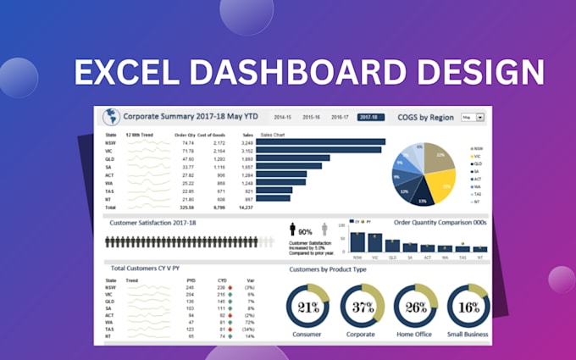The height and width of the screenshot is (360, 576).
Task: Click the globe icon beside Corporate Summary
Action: click(x=109, y=118)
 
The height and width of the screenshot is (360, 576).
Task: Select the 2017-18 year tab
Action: click(x=370, y=118)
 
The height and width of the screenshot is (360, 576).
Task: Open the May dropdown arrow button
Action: click(x=480, y=118)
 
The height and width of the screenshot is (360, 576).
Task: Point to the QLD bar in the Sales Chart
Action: click(x=293, y=158)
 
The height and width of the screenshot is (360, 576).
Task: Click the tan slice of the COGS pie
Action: click(x=436, y=157)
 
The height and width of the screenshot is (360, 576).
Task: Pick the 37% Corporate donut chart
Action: click(x=363, y=307)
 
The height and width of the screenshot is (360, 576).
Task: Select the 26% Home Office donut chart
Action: click(x=416, y=307)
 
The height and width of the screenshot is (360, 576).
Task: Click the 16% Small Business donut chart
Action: click(x=468, y=307)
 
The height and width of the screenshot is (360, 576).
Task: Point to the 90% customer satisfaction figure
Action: click(x=305, y=231)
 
